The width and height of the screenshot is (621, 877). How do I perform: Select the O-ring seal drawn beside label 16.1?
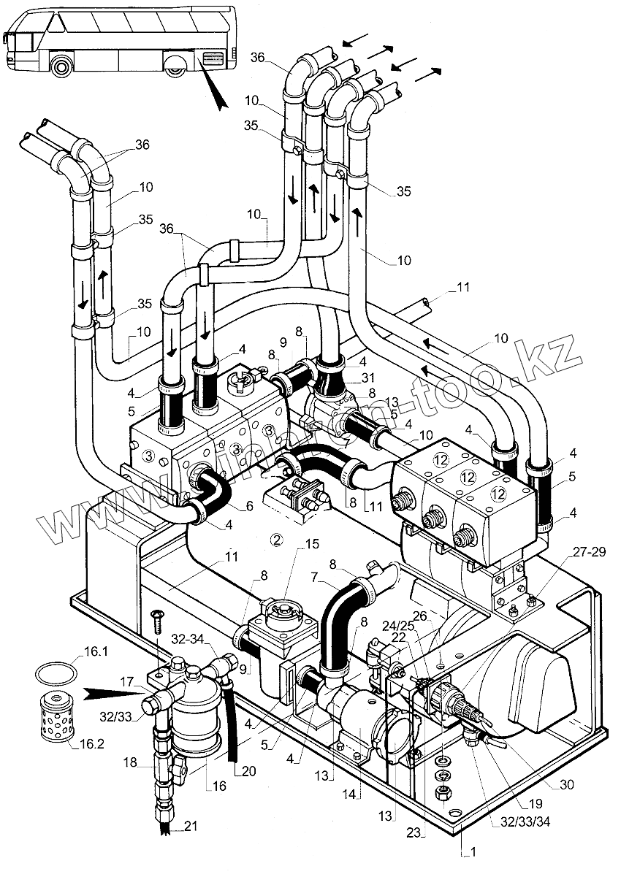(x=56, y=670)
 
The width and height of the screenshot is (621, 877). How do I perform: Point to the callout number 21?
(x=191, y=826)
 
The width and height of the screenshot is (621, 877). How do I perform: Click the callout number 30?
(x=566, y=785)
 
